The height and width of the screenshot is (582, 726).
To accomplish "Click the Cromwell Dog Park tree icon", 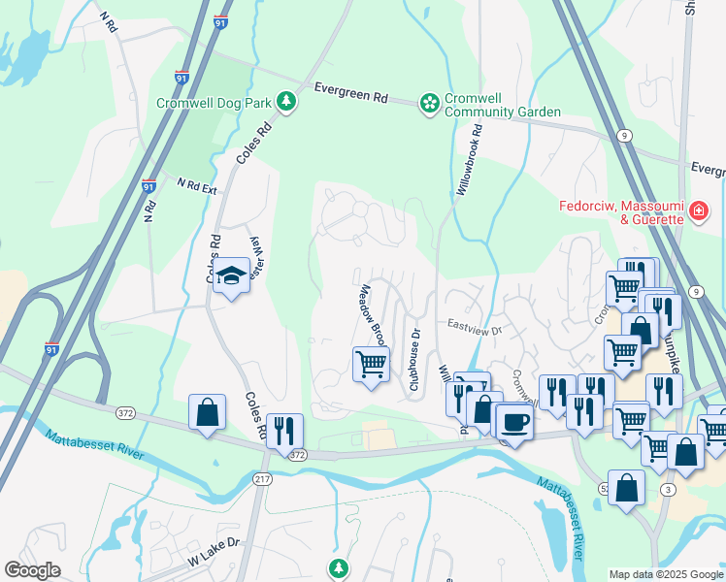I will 286,102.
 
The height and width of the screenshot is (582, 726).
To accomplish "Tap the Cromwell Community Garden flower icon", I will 428,102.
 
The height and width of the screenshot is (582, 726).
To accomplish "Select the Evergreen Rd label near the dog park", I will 351,94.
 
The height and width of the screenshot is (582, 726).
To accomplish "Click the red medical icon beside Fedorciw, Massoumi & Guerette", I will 697,210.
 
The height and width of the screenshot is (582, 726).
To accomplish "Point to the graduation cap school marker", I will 232,277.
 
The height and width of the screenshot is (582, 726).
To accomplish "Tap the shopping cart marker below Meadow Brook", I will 370,366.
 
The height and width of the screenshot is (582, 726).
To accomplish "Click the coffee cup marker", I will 514,423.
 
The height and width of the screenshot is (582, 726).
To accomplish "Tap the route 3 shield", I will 669,490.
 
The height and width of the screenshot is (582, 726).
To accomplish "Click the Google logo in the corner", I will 32,570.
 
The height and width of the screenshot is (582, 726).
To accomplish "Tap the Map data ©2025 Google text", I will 666,574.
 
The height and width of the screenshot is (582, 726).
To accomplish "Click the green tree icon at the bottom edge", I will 338,567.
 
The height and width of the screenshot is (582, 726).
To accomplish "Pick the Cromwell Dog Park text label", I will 213,102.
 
